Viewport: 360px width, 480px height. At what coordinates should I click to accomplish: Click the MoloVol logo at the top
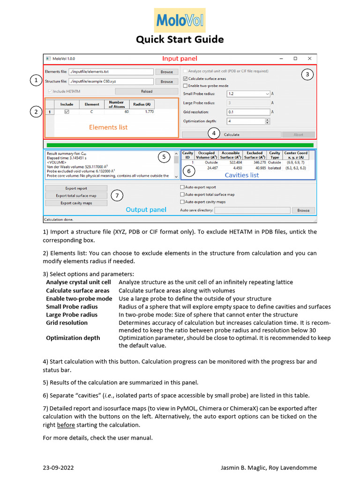(x=180, y=21)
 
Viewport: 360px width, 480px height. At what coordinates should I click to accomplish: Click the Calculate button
(x=232, y=135)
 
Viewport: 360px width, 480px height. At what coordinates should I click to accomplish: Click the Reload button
(x=146, y=91)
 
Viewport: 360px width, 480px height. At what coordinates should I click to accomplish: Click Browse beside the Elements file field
(x=166, y=72)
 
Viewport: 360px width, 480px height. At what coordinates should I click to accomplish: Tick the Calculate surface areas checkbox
(x=185, y=79)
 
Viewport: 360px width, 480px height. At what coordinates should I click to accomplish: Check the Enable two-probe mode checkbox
(x=185, y=86)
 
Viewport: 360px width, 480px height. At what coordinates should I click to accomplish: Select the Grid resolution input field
(x=248, y=112)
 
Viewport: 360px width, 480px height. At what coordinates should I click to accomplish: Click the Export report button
(x=76, y=188)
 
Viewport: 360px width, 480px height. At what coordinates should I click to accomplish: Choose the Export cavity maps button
(x=76, y=203)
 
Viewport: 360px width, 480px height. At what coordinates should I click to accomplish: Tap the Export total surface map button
(x=76, y=195)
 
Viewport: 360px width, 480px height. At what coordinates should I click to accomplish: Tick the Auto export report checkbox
(x=182, y=187)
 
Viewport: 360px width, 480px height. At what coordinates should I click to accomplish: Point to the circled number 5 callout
(x=164, y=157)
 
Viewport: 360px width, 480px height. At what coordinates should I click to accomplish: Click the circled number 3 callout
(x=307, y=74)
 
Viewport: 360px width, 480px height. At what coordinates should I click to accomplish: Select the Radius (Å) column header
(x=142, y=104)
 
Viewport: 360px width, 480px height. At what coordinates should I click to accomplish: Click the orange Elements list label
(x=108, y=127)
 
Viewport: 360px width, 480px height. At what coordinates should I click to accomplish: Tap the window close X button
(x=309, y=59)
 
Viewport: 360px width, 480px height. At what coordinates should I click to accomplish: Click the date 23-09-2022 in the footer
(x=58, y=468)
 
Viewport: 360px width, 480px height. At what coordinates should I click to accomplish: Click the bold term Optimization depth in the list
(x=73, y=337)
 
